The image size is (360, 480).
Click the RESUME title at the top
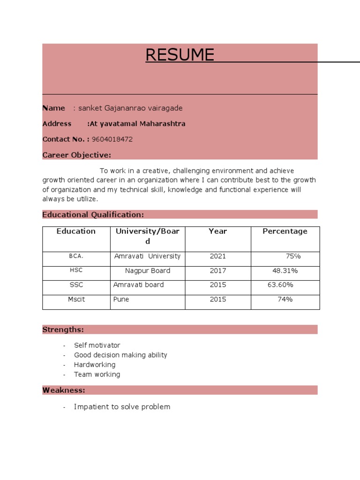tap(180, 55)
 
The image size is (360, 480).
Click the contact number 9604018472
tap(112, 139)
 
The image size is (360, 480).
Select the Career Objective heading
tap(77, 155)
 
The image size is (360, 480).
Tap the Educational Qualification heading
tap(93, 215)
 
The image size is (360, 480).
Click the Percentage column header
tap(285, 231)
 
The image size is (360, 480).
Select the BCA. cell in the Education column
tap(76, 256)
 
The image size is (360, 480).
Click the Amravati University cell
tap(147, 256)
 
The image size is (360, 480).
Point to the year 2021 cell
tap(218, 256)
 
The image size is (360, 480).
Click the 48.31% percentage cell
tap(285, 271)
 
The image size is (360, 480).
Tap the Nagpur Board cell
tap(148, 271)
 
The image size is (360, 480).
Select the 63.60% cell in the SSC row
tap(280, 285)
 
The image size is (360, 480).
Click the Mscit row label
tap(76, 300)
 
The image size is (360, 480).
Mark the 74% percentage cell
tap(285, 300)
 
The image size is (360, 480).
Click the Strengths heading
tap(63, 330)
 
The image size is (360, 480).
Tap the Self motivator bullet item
tap(97, 345)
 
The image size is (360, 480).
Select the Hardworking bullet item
tap(95, 365)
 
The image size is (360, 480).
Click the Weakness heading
tap(64, 390)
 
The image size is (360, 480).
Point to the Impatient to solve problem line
tap(122, 407)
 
